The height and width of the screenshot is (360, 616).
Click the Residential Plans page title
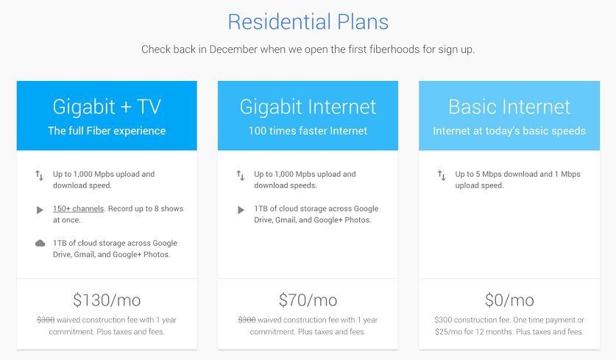pyautogui.click(x=308, y=22)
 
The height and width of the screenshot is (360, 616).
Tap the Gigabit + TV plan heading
pyautogui.click(x=107, y=107)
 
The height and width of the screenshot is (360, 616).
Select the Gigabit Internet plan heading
pyautogui.click(x=308, y=107)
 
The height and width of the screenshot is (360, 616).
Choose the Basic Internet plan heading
pyautogui.click(x=509, y=107)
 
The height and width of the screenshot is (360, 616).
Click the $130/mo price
pyautogui.click(x=107, y=300)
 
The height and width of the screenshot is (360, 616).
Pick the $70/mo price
pyautogui.click(x=308, y=300)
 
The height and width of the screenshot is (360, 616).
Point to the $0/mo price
pyautogui.click(x=509, y=300)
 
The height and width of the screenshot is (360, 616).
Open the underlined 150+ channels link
pyautogui.click(x=79, y=208)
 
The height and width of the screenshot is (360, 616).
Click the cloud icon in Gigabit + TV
pyautogui.click(x=40, y=243)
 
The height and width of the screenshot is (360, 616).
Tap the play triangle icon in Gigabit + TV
pyautogui.click(x=40, y=210)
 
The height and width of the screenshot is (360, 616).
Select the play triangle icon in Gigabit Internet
pyautogui.click(x=241, y=210)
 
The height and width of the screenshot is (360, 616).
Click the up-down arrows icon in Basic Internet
pyautogui.click(x=442, y=175)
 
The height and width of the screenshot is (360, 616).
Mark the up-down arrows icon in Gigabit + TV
pyautogui.click(x=39, y=175)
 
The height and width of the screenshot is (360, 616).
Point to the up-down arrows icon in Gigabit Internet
pyautogui.click(x=241, y=175)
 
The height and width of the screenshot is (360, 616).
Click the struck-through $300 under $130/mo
pyautogui.click(x=46, y=320)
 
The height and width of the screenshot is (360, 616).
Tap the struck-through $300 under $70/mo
pyautogui.click(x=247, y=320)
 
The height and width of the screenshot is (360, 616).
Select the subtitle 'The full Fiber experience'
pyautogui.click(x=107, y=131)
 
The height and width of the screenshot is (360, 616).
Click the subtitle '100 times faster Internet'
pyautogui.click(x=308, y=131)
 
